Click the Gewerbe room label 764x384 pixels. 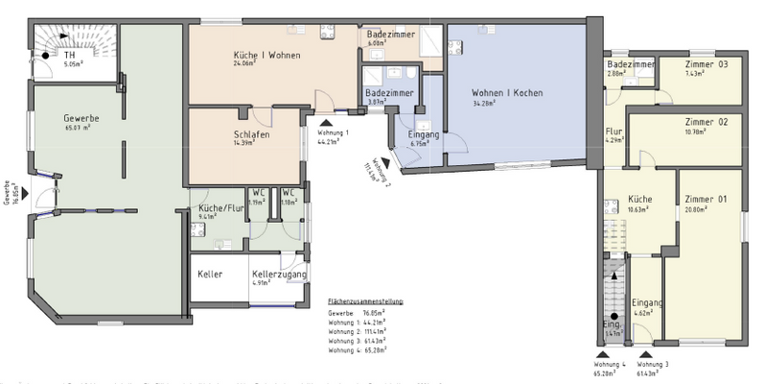pyautogui.click(x=81, y=118)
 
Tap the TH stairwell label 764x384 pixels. pyautogui.click(x=69, y=56)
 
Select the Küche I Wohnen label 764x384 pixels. pyautogui.click(x=267, y=56)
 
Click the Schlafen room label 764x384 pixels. pyautogui.click(x=250, y=134)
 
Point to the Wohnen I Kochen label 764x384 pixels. pyautogui.click(x=507, y=93)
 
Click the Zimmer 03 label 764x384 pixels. pyautogui.click(x=706, y=64)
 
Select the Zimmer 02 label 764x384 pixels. pyautogui.click(x=706, y=122)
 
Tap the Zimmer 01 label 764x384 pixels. pyautogui.click(x=706, y=199)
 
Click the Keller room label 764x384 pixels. pyautogui.click(x=210, y=275)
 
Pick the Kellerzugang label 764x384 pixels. pyautogui.click(x=279, y=275)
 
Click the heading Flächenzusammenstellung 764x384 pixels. pyautogui.click(x=364, y=300)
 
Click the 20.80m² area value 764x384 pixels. pyautogui.click(x=697, y=208)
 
